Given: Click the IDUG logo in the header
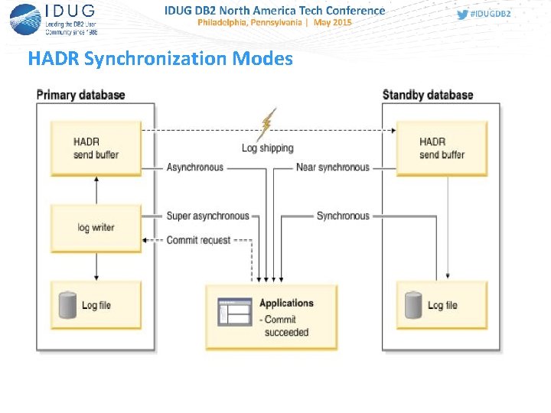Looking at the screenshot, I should coord(54,18).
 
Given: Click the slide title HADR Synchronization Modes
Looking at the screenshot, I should coord(160,59).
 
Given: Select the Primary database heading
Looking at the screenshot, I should coord(80,95).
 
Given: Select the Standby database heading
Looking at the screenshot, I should coord(427,95).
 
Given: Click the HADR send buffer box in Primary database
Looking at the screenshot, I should coord(96,148).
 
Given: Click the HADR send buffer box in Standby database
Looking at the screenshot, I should coord(442,148).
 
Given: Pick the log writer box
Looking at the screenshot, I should coord(96,228).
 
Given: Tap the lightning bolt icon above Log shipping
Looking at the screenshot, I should coord(268,124).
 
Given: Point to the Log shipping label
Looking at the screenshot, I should coord(268,148).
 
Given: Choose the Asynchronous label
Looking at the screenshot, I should coord(195,167).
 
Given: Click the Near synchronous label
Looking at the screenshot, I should coord(332,167).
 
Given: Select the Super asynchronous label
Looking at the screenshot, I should coord(207,216).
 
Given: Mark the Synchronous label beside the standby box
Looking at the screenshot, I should coord(342,216).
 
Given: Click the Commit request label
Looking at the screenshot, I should coord(198,240).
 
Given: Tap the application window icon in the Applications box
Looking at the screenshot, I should coord(234,311).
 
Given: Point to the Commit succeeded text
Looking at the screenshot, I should coord(285,326).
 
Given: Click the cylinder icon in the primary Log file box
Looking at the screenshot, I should coord(68,304).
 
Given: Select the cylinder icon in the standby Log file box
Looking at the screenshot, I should coord(414,304).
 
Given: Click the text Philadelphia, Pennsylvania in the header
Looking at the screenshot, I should coord(249,23).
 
